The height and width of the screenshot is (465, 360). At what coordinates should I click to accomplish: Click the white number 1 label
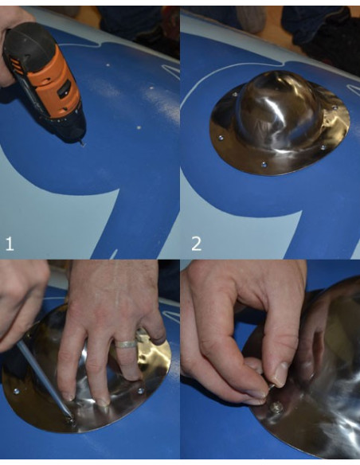[x=10, y=244]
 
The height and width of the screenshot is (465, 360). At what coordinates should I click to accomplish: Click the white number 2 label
[x=196, y=244]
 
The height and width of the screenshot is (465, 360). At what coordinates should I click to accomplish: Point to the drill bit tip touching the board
[x=82, y=144]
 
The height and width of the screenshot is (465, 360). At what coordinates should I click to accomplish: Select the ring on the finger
[x=127, y=344]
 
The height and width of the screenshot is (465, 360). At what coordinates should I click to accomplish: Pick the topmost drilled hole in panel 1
[x=108, y=64]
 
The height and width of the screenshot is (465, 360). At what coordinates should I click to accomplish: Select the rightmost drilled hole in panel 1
[x=151, y=88]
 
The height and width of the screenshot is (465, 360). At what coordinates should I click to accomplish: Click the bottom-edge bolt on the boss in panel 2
[x=263, y=165]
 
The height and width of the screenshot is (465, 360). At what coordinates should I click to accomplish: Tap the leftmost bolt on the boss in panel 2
[x=221, y=138]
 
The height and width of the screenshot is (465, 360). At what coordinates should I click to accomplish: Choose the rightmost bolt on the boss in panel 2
[x=335, y=107]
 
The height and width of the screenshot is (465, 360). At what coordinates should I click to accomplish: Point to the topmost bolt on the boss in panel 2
[x=235, y=95]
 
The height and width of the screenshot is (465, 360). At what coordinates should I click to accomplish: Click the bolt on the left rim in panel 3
[x=16, y=392]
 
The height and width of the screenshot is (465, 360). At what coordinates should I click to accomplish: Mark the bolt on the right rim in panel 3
[x=140, y=391]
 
